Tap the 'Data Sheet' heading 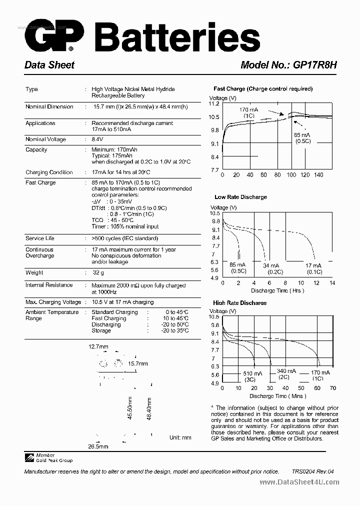point(49,65)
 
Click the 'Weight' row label point(34,272)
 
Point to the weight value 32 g point(98,273)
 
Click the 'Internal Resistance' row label point(49,285)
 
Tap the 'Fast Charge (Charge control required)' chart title point(262,89)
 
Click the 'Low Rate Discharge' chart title point(240,197)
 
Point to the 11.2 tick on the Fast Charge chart point(214,103)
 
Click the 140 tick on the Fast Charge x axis point(318,175)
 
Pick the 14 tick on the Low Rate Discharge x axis point(331,283)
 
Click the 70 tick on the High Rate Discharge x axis point(332,388)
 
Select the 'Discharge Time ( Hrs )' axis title point(276,290)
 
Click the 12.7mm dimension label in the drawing point(98,346)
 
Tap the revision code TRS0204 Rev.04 point(312,471)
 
